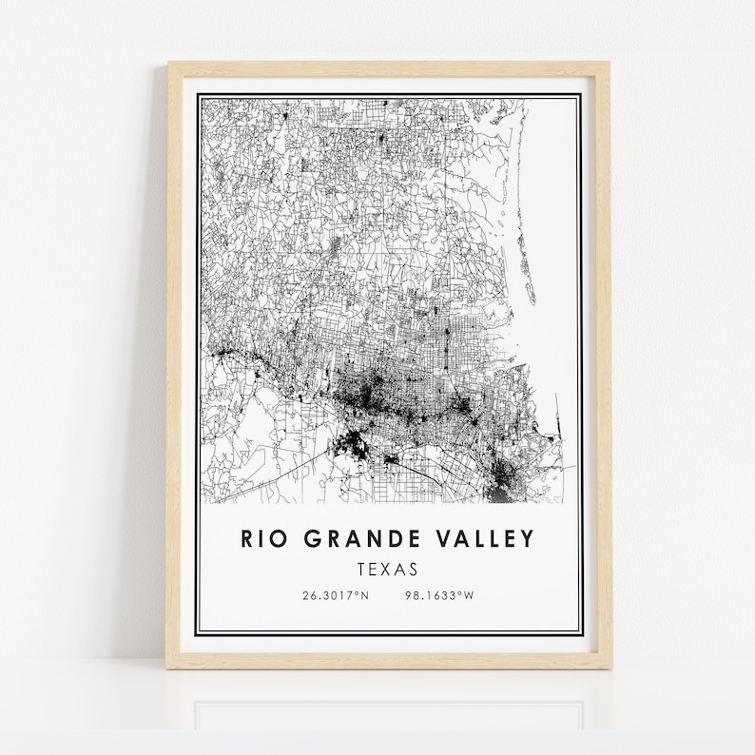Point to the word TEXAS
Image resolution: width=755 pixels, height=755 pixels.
(388, 570)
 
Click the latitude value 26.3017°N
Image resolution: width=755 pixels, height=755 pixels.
(335, 596)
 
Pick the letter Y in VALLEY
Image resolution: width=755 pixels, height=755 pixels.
(528, 539)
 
